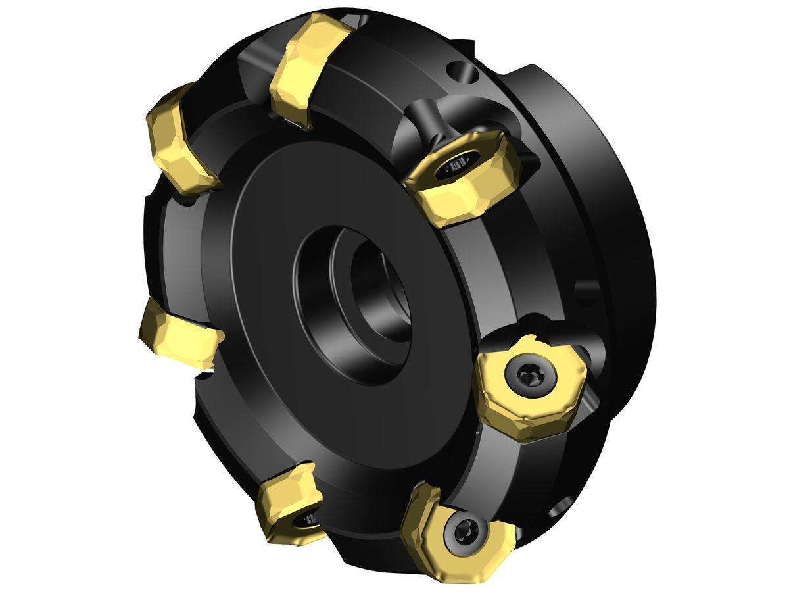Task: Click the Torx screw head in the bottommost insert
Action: click(465, 528)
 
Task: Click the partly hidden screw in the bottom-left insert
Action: click(306, 520)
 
